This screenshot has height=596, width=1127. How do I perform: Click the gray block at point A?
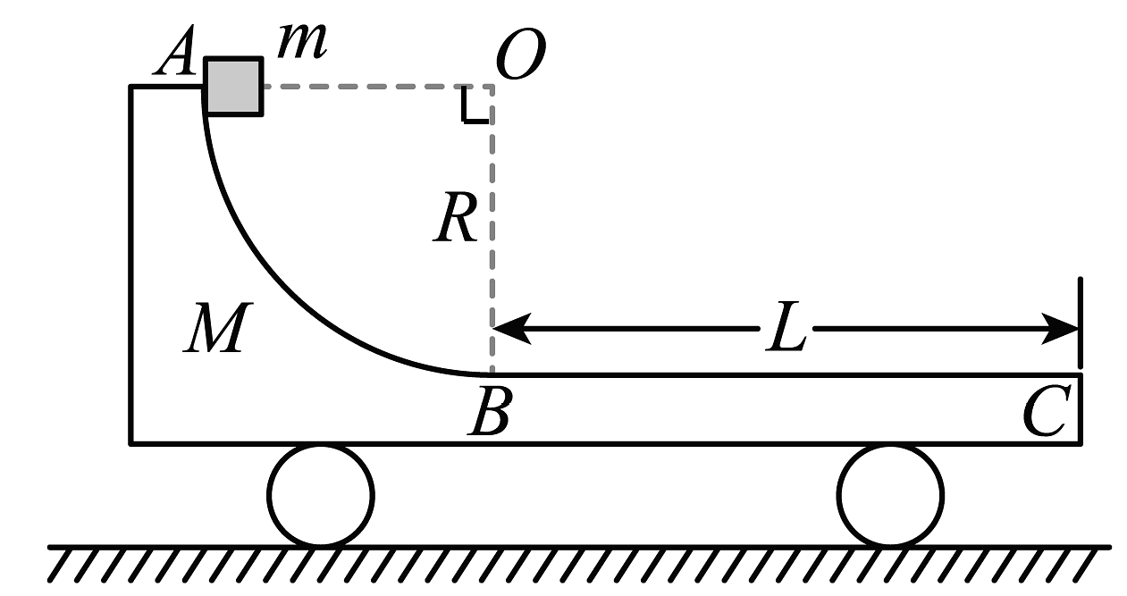coord(234,87)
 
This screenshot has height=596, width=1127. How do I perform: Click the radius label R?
coord(456,222)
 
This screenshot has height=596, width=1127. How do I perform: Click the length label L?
coord(787,332)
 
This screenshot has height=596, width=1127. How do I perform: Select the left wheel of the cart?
coord(321,495)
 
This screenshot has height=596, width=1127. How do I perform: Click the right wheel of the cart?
coord(890,495)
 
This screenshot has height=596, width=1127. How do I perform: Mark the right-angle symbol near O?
coord(474,107)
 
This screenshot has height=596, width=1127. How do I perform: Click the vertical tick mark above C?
coord(1081,322)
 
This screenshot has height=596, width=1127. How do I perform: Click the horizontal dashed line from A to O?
coord(375,87)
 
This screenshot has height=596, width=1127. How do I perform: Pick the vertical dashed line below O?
coord(492,268)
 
